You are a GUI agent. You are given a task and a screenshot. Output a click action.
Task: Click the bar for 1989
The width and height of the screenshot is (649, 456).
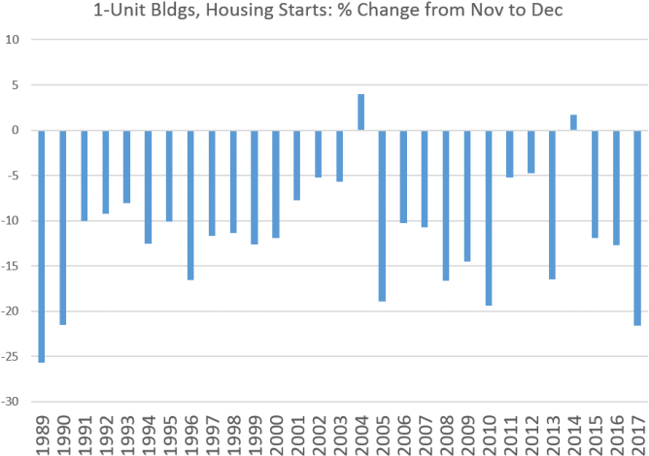(x=42, y=246)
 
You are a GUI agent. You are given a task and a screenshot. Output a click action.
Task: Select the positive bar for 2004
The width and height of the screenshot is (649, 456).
(x=360, y=112)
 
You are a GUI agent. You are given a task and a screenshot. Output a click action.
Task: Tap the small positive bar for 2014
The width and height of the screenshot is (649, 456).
(x=572, y=122)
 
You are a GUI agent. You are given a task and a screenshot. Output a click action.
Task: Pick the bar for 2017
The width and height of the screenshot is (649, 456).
(x=636, y=228)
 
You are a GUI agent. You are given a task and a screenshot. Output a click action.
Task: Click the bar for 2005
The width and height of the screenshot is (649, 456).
(x=382, y=215)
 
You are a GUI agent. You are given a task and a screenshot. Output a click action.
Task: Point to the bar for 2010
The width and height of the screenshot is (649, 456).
(x=488, y=218)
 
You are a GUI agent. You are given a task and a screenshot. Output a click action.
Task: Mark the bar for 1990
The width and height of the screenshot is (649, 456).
(x=63, y=227)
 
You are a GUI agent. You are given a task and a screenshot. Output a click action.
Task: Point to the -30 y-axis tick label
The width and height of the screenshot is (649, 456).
(x=12, y=402)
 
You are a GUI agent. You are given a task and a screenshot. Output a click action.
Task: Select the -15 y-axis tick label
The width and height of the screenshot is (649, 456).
(x=12, y=266)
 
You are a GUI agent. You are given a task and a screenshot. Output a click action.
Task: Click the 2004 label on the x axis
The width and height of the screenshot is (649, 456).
(x=360, y=434)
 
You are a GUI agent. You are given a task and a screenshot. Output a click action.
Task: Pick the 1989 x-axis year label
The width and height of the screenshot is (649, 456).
(x=42, y=434)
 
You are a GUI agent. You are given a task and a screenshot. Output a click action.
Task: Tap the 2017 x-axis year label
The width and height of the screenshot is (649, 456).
(x=636, y=434)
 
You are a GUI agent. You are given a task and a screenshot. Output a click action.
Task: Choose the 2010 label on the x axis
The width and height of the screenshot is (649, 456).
(x=488, y=434)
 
